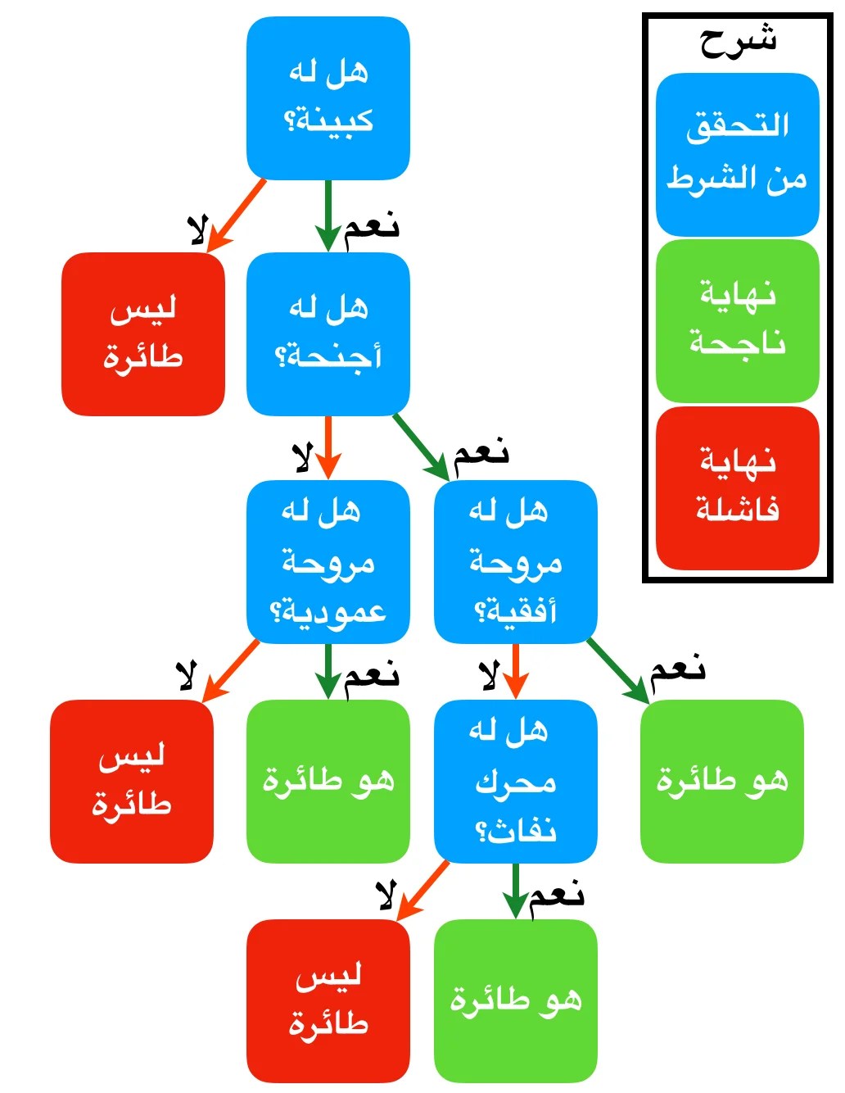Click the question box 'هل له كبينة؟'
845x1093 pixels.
tap(328, 98)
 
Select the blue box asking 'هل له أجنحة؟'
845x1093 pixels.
tap(328, 333)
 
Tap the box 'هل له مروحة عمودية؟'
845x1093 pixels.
tap(328, 561)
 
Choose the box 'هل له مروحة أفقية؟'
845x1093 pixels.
tap(515, 561)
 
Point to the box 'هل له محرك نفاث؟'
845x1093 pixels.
tap(515, 781)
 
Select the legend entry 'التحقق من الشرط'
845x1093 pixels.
tap(737, 154)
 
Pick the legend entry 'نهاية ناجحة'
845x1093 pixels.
tap(737, 320)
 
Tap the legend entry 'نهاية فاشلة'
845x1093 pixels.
tap(737, 488)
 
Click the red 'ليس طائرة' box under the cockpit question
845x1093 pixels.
tap(142, 333)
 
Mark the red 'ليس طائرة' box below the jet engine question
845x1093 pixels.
tap(328, 1000)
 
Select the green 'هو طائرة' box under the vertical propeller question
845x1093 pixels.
tap(328, 781)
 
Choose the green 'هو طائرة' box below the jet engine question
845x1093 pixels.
tap(515, 1000)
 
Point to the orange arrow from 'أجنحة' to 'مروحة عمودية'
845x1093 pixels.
tap(328, 447)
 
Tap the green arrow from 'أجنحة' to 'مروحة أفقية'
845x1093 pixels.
tap(422, 447)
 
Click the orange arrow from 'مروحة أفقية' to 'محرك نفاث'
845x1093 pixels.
tap(515, 670)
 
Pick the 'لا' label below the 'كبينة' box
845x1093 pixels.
tap(197, 230)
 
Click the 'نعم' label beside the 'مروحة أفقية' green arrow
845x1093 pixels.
tap(677, 670)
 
